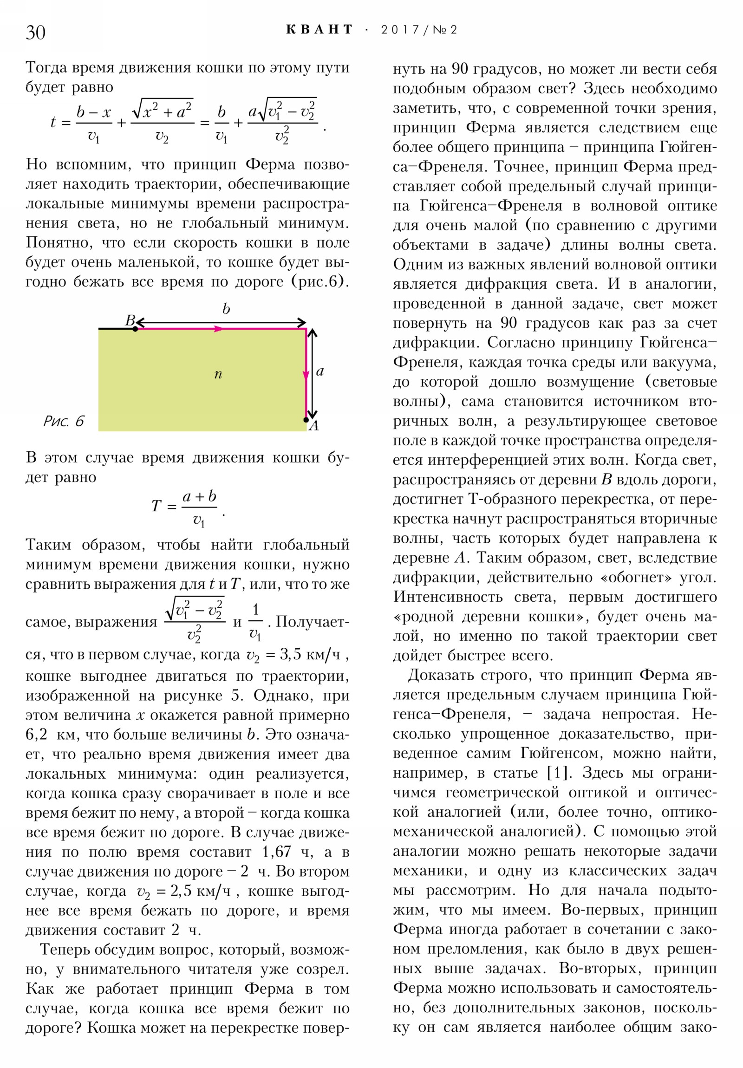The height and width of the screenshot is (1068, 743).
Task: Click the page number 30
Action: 35,33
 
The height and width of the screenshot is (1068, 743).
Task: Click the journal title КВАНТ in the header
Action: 319,30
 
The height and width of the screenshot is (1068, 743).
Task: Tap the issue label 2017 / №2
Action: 419,30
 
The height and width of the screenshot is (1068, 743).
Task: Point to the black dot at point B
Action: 135,329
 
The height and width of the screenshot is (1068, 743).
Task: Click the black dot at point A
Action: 306,420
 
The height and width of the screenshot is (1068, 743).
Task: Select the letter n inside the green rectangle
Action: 218,374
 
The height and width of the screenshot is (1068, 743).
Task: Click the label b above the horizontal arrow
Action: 226,309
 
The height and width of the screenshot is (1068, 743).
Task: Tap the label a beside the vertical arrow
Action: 319,371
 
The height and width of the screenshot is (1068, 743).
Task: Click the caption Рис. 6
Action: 63,421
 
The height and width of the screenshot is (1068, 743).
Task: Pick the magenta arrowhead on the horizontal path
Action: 218,329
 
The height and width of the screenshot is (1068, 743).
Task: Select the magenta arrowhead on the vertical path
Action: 306,375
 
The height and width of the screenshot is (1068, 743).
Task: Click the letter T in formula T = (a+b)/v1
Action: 156,506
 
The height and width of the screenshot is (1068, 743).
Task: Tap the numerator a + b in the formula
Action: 199,496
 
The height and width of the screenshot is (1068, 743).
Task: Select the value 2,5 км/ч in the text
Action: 201,891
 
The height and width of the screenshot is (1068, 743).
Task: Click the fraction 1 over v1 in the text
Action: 255,621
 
